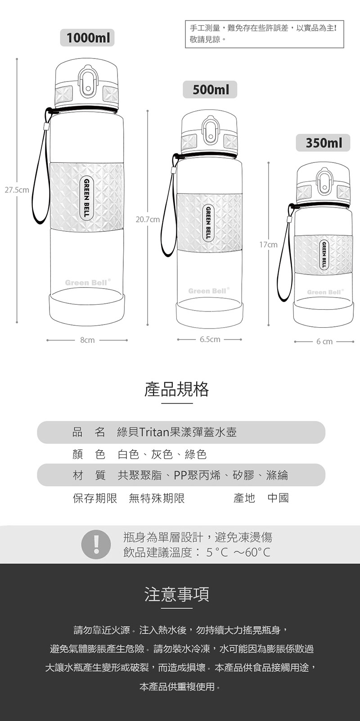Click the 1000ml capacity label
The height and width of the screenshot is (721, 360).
[x=87, y=38]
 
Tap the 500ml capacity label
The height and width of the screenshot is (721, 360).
[x=210, y=90]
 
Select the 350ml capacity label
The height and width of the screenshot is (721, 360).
[x=323, y=143]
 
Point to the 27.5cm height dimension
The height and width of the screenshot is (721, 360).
[x=17, y=190]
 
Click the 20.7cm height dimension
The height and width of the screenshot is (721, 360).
[x=148, y=220]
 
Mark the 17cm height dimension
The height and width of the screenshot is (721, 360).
[x=268, y=245]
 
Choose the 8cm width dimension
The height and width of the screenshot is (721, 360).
[x=87, y=340]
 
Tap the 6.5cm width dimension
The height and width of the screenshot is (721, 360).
[x=210, y=339]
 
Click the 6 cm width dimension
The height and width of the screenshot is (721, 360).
[x=324, y=342]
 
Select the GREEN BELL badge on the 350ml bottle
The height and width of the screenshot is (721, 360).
[x=324, y=255]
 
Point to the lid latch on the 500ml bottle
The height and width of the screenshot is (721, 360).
[x=210, y=131]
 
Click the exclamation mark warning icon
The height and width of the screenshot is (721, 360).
[x=96, y=544]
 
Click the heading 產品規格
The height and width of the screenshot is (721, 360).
[x=176, y=389]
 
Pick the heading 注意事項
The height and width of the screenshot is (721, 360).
[x=176, y=594]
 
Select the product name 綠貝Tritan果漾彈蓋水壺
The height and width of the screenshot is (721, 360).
[x=177, y=432]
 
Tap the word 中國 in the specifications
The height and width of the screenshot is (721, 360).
[x=278, y=498]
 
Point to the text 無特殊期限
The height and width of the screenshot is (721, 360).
[x=157, y=498]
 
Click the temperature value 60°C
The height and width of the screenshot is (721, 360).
[x=257, y=552]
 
